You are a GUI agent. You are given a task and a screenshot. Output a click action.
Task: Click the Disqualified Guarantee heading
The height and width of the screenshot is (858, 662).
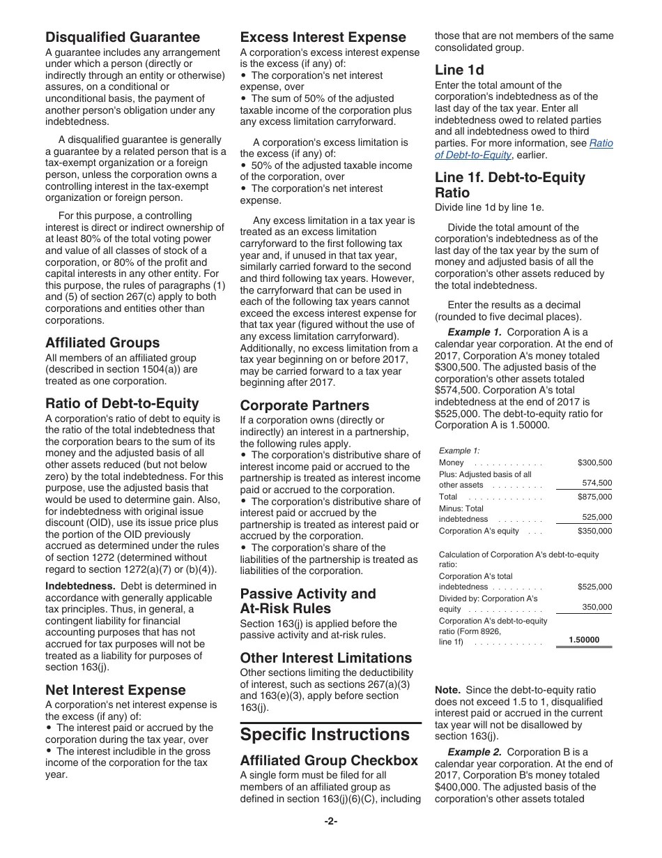(x=123, y=37)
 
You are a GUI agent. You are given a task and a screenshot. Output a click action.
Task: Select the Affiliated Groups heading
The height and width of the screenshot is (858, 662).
(x=102, y=343)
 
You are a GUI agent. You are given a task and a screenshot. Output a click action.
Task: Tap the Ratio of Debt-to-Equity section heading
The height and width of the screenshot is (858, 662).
(x=122, y=403)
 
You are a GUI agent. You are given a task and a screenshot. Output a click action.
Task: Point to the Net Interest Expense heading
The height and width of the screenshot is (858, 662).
(x=116, y=690)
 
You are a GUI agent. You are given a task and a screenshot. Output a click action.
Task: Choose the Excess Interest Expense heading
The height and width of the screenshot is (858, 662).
(x=323, y=37)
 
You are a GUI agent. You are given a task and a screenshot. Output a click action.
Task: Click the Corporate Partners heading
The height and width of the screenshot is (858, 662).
(x=305, y=405)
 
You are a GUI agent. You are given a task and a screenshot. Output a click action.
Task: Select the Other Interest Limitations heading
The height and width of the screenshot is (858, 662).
(x=326, y=658)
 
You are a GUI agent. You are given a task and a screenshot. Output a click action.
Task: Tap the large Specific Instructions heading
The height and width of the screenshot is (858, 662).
(x=325, y=735)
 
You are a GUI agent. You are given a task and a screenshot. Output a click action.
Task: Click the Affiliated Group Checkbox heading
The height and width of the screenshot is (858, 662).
(x=329, y=760)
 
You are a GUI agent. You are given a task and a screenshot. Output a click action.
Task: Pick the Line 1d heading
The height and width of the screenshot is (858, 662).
(x=459, y=70)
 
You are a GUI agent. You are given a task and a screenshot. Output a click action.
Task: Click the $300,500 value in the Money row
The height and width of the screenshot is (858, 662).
(x=594, y=462)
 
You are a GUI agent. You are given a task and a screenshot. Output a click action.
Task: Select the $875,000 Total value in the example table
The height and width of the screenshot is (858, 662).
(x=594, y=497)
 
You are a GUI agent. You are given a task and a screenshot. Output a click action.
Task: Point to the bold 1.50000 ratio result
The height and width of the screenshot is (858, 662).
(x=583, y=640)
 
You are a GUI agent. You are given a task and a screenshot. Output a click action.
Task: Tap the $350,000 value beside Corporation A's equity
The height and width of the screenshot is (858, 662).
(x=594, y=531)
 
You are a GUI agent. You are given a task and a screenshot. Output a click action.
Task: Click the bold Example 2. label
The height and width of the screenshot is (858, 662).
(x=475, y=752)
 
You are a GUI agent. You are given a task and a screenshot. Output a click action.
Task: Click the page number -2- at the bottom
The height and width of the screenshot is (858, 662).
(x=331, y=821)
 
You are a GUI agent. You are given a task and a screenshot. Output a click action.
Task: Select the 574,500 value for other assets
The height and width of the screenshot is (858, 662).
(x=596, y=483)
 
